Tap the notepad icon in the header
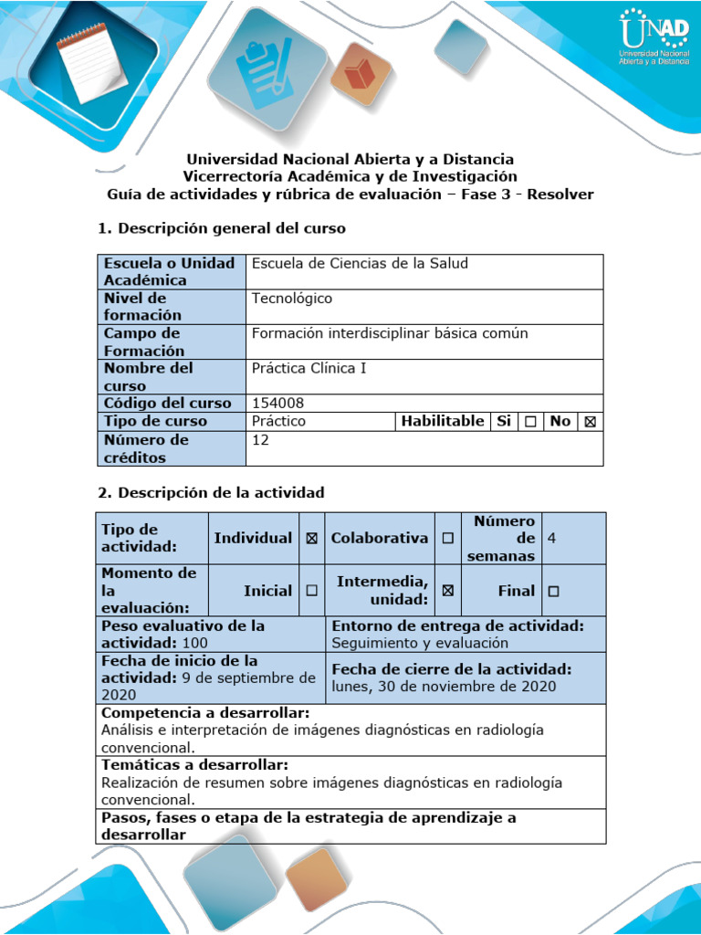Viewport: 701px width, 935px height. click(92, 60)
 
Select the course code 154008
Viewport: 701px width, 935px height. click(277, 403)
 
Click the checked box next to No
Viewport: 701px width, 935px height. click(590, 422)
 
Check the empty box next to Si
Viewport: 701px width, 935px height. click(529, 422)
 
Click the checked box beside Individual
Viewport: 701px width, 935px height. click(312, 539)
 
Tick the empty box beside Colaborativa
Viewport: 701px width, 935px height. click(447, 539)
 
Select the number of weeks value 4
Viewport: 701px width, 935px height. click(551, 539)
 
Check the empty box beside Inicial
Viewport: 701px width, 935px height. click(312, 591)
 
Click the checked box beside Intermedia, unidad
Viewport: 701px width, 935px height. click(447, 591)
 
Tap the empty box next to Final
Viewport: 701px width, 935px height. click(553, 591)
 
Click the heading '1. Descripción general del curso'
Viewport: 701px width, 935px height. click(222, 227)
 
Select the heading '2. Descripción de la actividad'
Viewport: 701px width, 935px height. click(211, 493)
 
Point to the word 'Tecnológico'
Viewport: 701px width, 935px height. click(292, 299)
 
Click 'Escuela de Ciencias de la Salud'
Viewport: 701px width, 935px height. click(360, 264)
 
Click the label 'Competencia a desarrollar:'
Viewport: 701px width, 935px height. click(205, 712)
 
